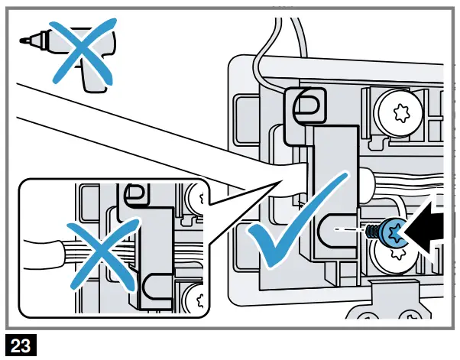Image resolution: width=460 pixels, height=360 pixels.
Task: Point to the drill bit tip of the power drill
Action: click(x=23, y=37)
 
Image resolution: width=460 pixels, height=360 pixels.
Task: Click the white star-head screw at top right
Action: click(x=398, y=114)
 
